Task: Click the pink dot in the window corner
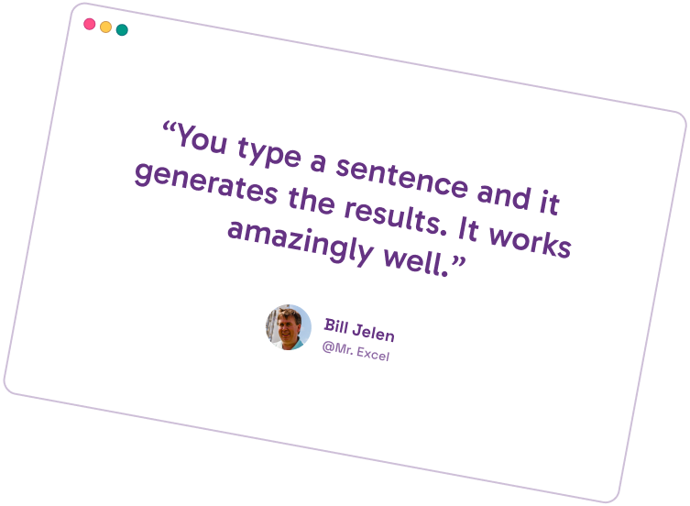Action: [89, 24]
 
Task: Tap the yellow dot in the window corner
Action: [105, 27]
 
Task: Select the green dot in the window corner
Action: [122, 29]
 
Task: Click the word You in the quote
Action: [203, 139]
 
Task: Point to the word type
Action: [268, 153]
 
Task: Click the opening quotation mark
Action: [169, 128]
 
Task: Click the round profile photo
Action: [289, 327]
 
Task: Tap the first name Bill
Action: [336, 326]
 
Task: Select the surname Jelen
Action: [374, 333]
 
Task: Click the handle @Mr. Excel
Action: [356, 351]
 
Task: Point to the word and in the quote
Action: [504, 194]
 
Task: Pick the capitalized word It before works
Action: [468, 229]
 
